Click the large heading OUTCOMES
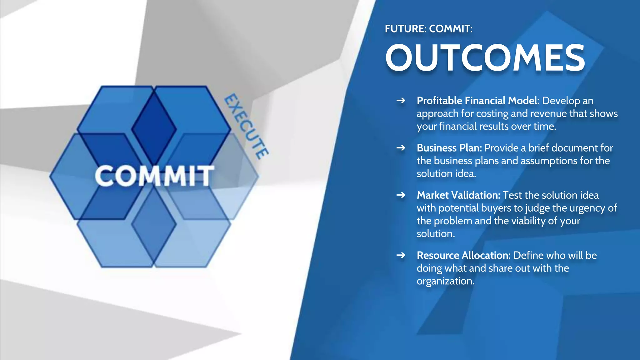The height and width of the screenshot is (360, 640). coord(485,58)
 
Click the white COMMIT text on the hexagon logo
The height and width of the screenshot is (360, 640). coord(154,176)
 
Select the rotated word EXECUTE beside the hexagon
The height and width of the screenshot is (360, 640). coord(246,126)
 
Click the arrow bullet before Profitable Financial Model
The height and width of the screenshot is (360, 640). coord(401,101)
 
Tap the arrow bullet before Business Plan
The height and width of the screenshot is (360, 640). coord(401,148)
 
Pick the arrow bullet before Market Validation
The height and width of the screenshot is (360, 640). coord(401,195)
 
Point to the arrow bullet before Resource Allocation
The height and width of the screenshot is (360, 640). coord(401,255)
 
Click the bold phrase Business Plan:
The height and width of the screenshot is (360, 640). coord(449,148)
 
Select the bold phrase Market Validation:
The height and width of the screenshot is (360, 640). coord(458,195)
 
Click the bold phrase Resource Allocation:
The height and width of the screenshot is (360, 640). coord(463,255)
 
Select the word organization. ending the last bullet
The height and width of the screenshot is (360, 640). coord(445,281)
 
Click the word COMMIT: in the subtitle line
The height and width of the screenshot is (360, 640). coord(451,29)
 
